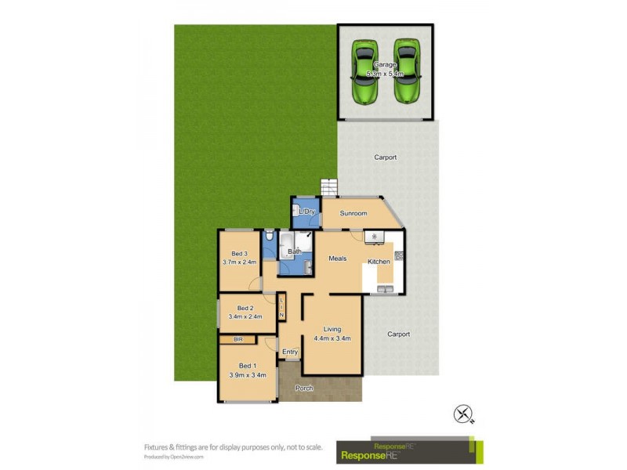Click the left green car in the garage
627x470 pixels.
364,71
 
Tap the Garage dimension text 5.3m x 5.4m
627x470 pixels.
385,74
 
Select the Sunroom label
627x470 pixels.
353,213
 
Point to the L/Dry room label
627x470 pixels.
306,211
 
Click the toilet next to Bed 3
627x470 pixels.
269,236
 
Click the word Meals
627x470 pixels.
337,258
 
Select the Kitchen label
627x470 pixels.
379,261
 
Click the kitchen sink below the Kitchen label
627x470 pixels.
385,289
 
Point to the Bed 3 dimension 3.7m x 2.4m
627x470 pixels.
240,262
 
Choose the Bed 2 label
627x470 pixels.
245,308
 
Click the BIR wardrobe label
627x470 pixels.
238,339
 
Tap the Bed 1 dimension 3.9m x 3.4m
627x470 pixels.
248,375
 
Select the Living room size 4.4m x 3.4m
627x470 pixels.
332,338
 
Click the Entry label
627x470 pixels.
290,352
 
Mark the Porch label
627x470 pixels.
303,389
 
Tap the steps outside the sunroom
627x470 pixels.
328,188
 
